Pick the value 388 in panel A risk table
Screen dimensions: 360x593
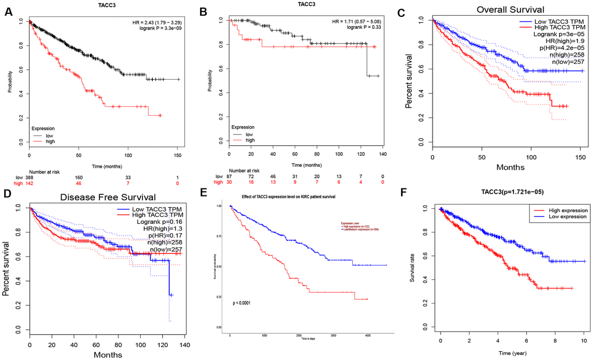(29, 177)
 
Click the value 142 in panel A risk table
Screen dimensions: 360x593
(29, 183)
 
